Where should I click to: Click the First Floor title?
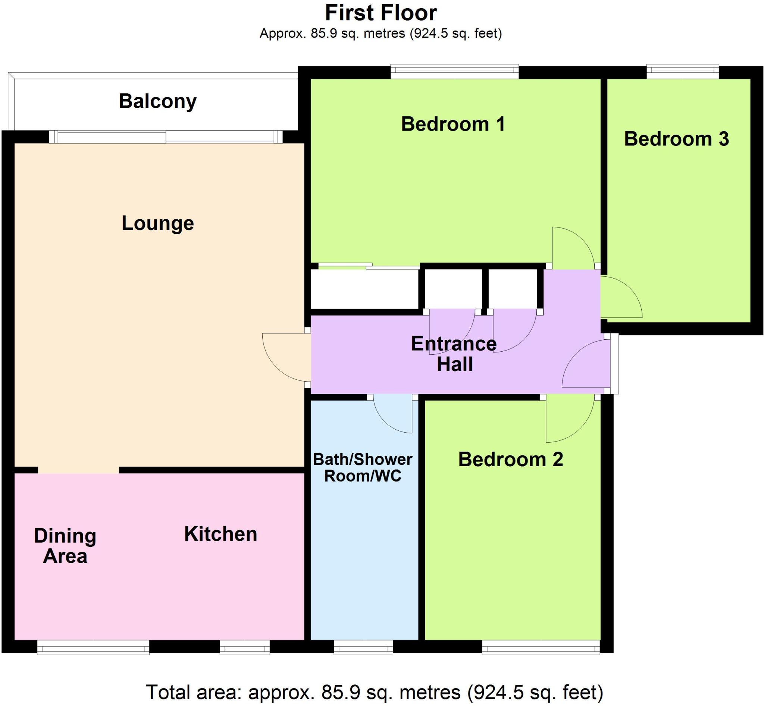click(381, 13)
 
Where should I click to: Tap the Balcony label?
click(157, 101)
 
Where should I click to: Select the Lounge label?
click(157, 223)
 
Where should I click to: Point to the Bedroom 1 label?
click(453, 124)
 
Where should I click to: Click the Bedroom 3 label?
click(676, 139)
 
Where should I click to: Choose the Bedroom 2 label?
click(511, 459)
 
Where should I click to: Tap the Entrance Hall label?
click(454, 354)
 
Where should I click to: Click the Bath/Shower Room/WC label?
click(363, 468)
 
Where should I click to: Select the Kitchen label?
click(220, 534)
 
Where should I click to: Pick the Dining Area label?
click(65, 546)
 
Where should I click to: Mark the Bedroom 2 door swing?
click(570, 418)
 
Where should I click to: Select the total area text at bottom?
click(375, 692)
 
